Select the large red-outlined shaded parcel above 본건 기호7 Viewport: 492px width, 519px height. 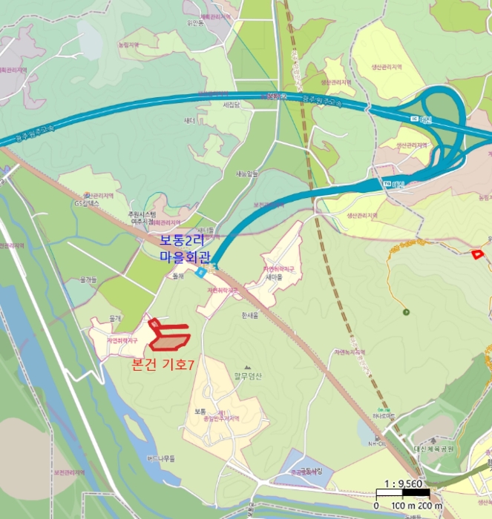point(170,340)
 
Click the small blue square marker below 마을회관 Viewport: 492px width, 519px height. point(201,273)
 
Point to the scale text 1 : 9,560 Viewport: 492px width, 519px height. point(399,484)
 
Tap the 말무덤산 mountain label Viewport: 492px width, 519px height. point(248,374)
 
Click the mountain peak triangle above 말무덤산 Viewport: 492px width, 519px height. point(248,366)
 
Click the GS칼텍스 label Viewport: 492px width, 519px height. point(86,203)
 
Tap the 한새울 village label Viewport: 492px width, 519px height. point(249,315)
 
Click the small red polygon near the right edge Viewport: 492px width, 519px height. point(476,255)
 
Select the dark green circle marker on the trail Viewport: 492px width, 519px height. point(406,311)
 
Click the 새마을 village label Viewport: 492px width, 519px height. point(275,278)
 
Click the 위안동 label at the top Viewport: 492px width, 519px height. point(196,22)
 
